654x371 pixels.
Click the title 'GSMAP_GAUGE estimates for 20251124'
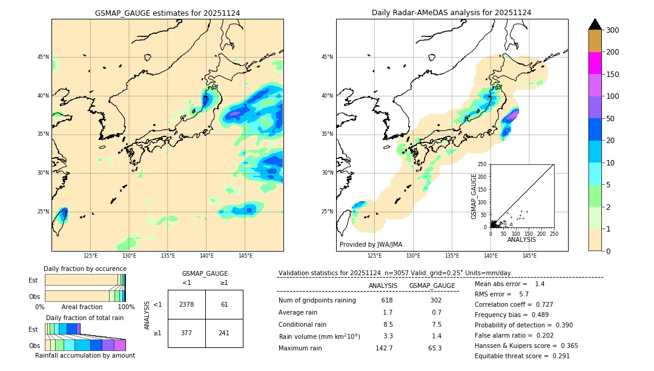167,13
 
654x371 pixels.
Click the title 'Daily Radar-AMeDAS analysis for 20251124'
452,13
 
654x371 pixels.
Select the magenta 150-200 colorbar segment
595,63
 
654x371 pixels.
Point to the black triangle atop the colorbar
595,24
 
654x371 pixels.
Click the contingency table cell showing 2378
187,304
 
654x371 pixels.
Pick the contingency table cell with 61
224,304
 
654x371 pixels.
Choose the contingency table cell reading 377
187,333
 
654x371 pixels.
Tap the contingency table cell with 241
224,333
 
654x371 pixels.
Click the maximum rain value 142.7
384,348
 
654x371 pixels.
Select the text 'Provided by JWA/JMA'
371,245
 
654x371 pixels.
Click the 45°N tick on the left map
42,57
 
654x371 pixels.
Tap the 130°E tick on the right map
413,256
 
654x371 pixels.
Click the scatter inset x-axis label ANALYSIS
521,239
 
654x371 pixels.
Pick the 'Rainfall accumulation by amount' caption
85,355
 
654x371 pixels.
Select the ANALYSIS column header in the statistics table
383,286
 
